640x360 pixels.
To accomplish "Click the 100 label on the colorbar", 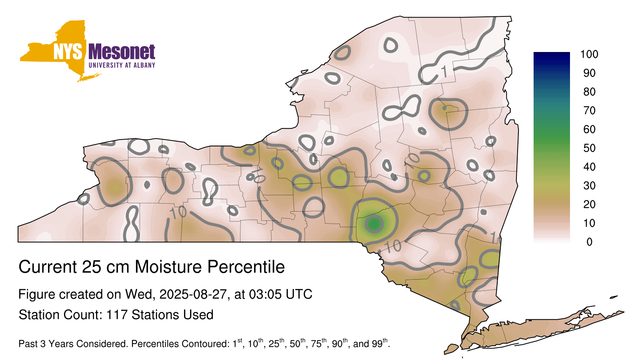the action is pos(589,54).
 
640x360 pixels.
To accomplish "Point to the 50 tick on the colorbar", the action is pos(589,148).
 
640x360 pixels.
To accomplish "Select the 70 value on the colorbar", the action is pos(589,110).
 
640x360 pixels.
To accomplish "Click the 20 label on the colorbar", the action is pos(589,204).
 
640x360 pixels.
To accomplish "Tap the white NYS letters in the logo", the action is pos(68,52).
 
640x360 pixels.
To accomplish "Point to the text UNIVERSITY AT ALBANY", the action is pos(122,65).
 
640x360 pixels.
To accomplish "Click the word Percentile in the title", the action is pos(246,267).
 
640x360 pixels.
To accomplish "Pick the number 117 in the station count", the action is pos(116,315).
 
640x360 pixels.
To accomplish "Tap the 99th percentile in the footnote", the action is pos(380,343).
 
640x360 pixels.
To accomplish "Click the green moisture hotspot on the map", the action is pos(374,223).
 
